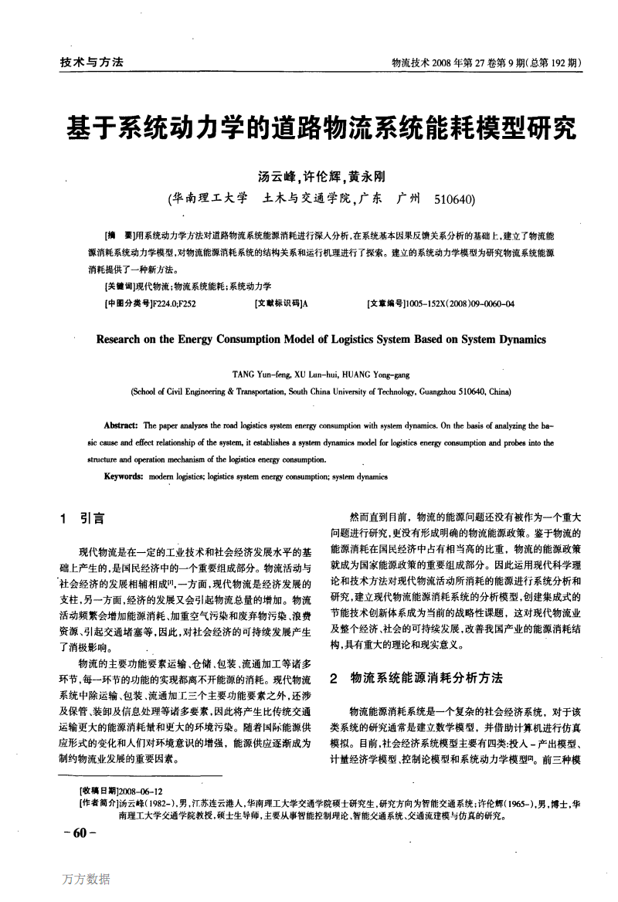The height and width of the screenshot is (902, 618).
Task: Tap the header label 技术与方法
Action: (x=91, y=63)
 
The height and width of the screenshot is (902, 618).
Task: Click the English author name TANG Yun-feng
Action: (x=258, y=374)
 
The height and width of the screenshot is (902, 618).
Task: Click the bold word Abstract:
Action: (x=121, y=426)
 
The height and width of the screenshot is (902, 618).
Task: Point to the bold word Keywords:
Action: (x=124, y=476)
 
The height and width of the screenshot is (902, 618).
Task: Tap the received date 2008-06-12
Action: (x=141, y=792)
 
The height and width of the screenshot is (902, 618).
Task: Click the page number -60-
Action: (x=78, y=832)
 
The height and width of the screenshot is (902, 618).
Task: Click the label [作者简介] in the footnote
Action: (x=98, y=803)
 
